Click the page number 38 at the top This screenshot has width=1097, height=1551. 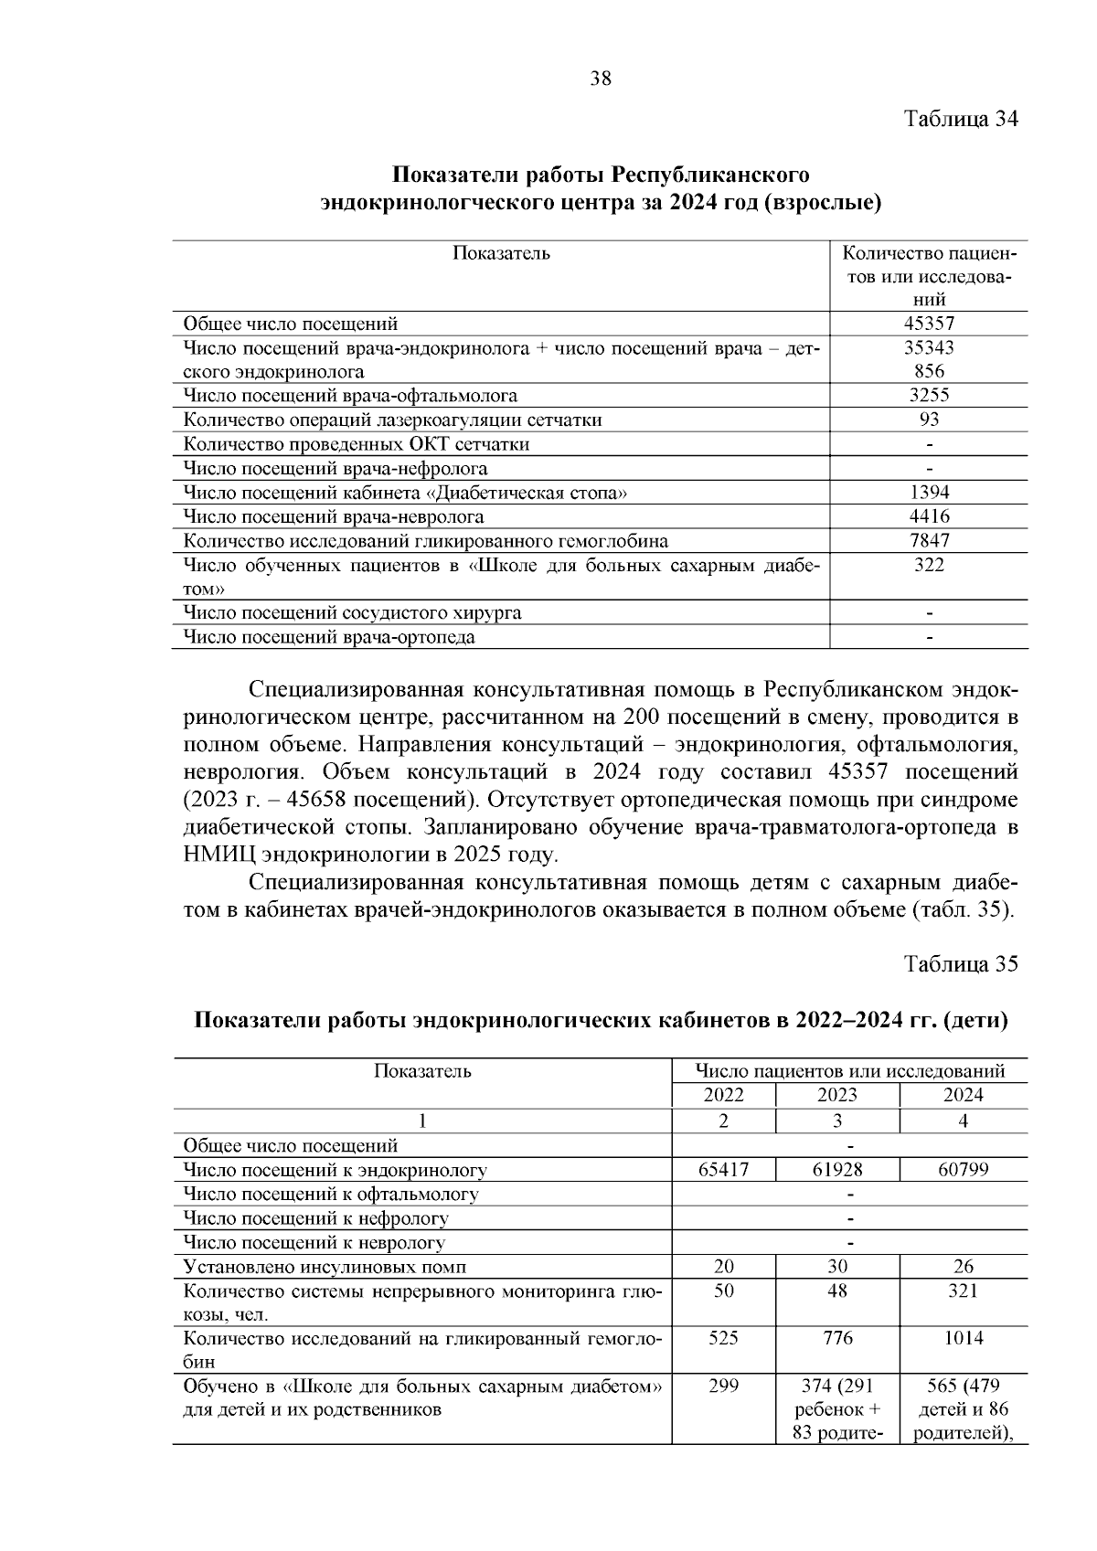(601, 79)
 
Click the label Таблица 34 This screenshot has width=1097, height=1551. (961, 119)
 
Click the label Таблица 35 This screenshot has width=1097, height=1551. (961, 965)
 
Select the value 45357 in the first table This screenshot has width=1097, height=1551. (929, 324)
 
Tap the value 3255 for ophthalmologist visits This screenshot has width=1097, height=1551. (929, 396)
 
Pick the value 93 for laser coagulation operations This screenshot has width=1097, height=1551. (929, 420)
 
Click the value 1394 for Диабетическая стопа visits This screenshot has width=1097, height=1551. (929, 493)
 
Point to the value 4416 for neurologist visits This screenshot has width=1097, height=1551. (929, 516)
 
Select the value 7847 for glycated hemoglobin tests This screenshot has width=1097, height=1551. (929, 540)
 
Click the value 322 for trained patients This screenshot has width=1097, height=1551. (929, 565)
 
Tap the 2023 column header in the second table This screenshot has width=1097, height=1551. (836, 1095)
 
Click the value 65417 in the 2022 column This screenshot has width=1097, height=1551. (723, 1169)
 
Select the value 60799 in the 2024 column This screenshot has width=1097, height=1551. (963, 1169)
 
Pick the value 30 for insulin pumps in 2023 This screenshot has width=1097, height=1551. (836, 1267)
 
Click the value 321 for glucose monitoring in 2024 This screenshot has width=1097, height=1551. (963, 1291)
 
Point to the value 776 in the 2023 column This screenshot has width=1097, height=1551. (836, 1338)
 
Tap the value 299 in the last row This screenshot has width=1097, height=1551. (723, 1386)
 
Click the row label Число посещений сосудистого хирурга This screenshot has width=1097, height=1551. (353, 612)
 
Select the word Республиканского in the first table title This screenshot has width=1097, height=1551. (710, 174)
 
